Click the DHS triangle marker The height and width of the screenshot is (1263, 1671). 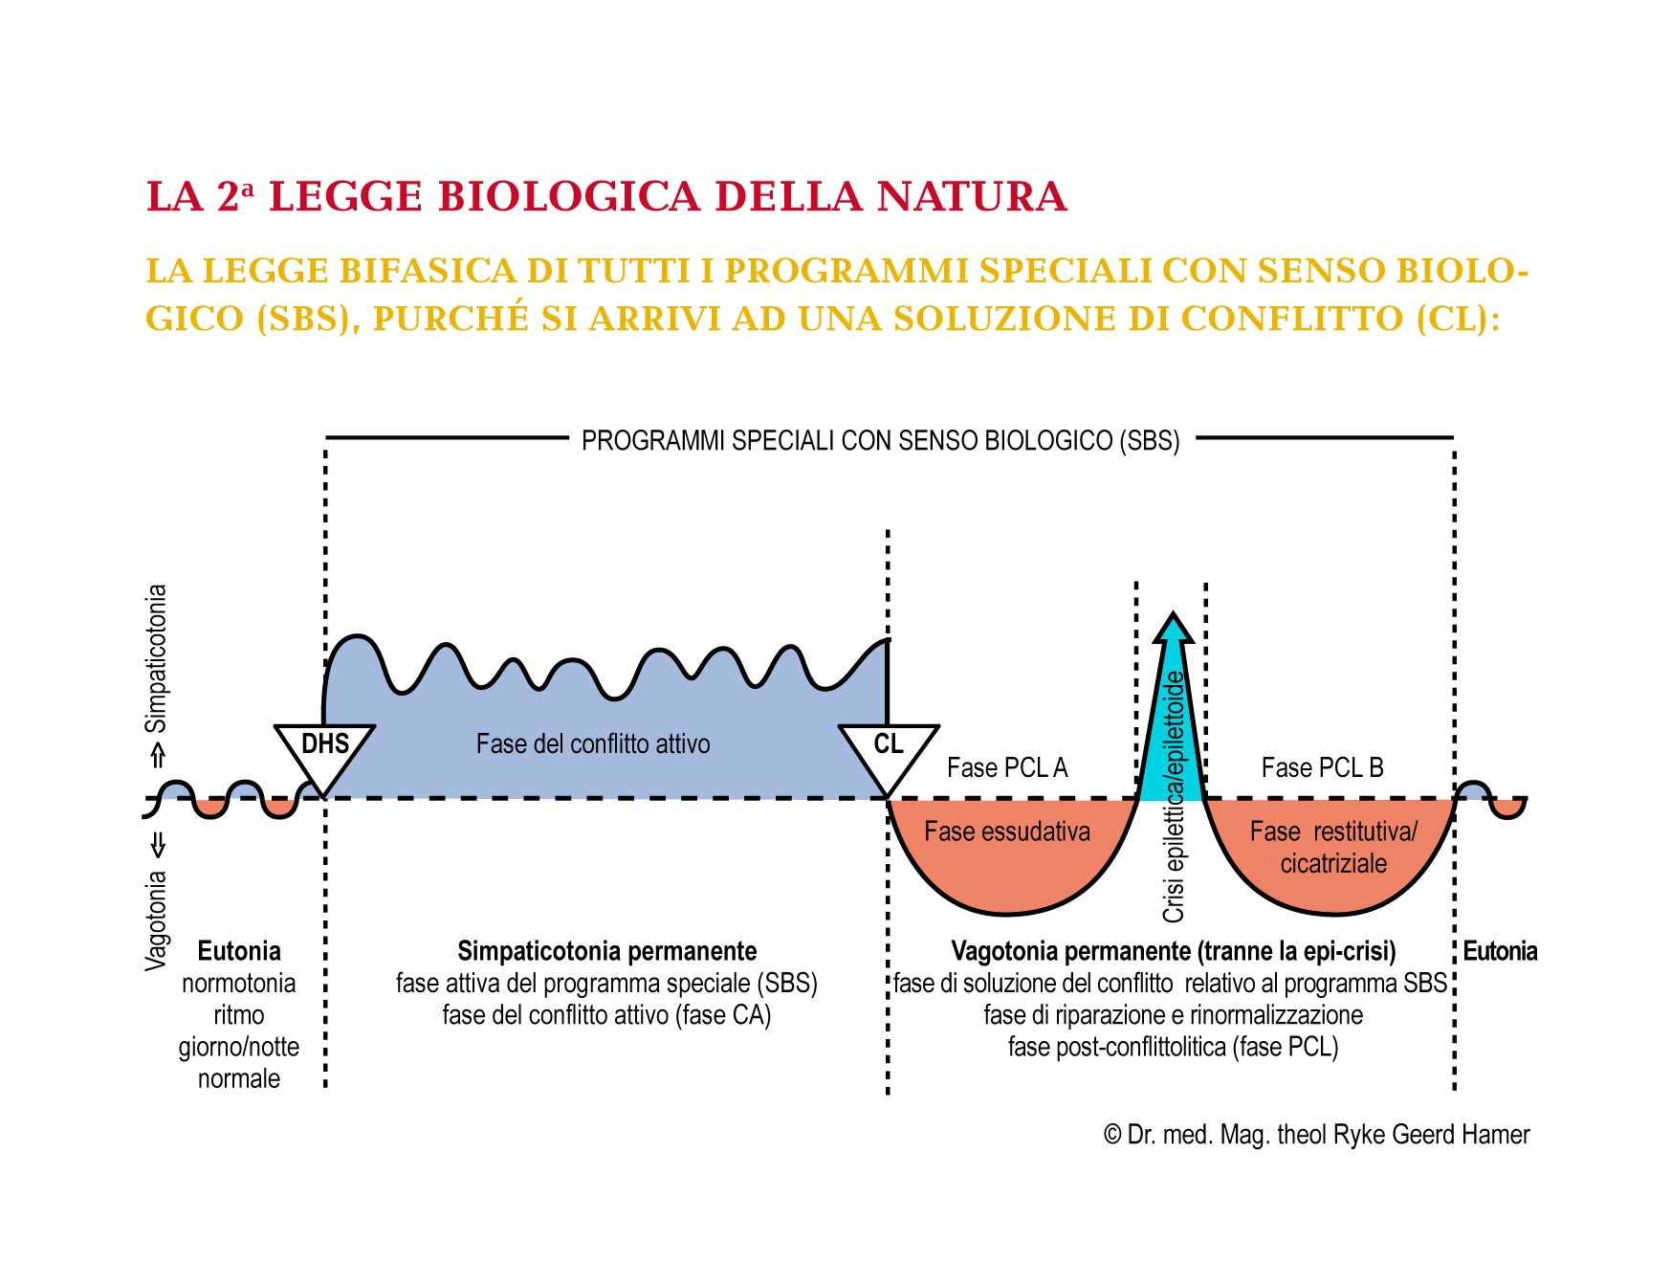point(324,751)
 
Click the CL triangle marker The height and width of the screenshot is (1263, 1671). point(889,751)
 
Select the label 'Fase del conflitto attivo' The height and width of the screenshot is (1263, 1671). point(593,744)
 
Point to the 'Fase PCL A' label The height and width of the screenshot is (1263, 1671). point(1007,767)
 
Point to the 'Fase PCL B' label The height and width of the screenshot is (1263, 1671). point(1322,767)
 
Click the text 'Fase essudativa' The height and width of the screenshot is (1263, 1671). point(1006,831)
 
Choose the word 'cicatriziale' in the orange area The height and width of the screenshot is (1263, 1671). point(1333,864)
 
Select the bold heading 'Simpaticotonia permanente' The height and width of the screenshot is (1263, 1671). point(606,951)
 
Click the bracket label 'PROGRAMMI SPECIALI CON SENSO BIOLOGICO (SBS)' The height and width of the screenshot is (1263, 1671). point(880,441)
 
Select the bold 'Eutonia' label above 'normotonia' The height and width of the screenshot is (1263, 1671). point(239,951)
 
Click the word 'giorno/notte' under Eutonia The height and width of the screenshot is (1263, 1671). point(239,1047)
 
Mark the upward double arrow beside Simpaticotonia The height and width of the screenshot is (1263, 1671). point(158,757)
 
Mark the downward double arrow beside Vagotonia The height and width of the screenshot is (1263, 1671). point(158,845)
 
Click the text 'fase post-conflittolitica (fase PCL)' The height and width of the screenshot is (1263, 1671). point(1173,1047)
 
